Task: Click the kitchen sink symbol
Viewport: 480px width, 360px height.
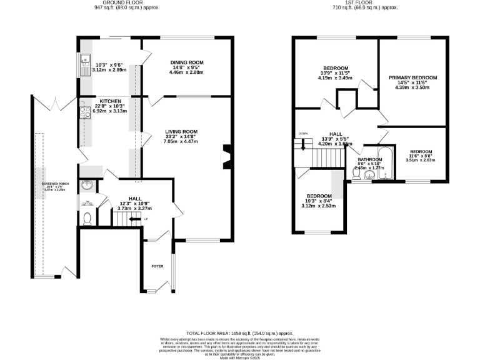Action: [83, 63]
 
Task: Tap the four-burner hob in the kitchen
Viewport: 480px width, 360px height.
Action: [83, 112]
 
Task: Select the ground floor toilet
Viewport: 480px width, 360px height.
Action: [87, 218]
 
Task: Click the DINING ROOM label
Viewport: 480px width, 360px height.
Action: [187, 62]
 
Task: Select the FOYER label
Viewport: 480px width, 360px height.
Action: [157, 266]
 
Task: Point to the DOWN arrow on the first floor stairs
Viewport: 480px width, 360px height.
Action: [304, 143]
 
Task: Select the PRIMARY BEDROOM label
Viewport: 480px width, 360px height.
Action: [412, 78]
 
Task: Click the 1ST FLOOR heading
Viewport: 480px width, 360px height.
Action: [371, 3]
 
